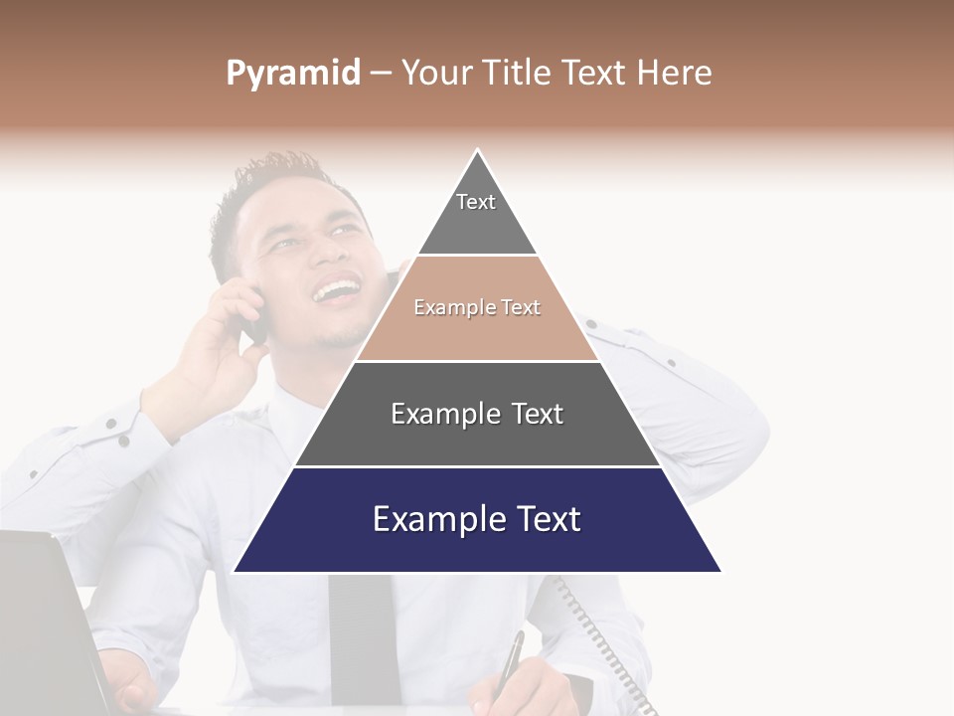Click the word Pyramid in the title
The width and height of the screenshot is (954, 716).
(x=293, y=74)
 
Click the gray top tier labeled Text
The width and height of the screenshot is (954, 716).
(x=477, y=214)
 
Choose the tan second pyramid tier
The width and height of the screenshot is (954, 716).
(x=477, y=308)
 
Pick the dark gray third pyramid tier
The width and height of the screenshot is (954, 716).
(x=477, y=414)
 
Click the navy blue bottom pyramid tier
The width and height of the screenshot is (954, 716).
(x=477, y=519)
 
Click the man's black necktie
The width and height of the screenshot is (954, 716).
(x=365, y=636)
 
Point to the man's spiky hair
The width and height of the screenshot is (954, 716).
(x=273, y=179)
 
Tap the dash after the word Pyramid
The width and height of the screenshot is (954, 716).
(x=380, y=74)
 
